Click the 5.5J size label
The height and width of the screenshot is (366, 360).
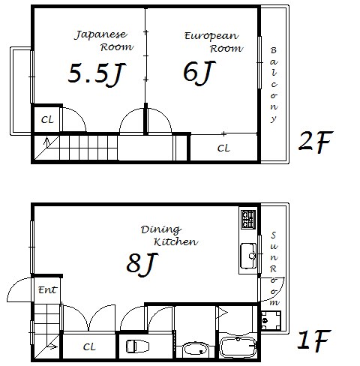[x=97, y=74]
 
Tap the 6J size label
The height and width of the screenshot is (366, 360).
[x=199, y=73]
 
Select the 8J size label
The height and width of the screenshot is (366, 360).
[x=142, y=264]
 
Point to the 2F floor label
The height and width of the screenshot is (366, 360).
[x=316, y=142]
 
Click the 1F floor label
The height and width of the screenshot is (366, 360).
[x=314, y=340]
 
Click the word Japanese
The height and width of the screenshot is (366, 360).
[x=101, y=35]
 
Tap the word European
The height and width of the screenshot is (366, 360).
[x=211, y=37]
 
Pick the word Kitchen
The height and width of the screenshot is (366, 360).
[x=175, y=241]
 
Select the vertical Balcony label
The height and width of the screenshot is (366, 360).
[x=274, y=85]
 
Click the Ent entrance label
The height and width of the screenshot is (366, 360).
[x=47, y=290]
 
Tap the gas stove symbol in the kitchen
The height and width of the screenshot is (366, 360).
[x=248, y=219]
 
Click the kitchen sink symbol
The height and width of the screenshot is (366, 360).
[x=248, y=256]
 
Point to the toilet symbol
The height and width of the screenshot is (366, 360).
[x=137, y=346]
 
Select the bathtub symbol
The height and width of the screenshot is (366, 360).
[x=238, y=348]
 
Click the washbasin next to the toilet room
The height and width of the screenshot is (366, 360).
[x=196, y=349]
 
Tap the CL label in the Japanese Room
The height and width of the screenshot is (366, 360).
[x=47, y=120]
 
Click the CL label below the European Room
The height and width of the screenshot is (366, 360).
[x=223, y=148]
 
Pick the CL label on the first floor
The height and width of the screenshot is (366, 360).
[x=89, y=347]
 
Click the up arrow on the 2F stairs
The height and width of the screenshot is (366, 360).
[x=46, y=142]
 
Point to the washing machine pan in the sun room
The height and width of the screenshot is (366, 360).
[x=271, y=320]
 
